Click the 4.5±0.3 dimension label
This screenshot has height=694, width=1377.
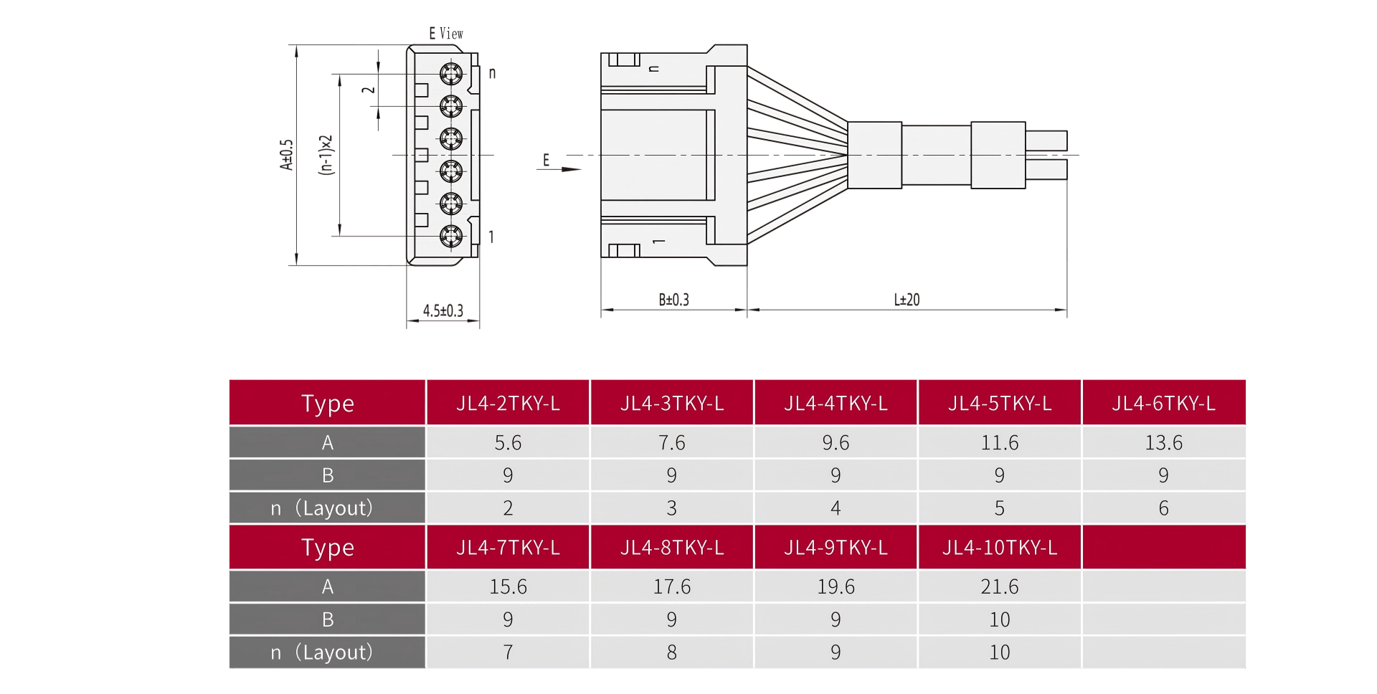click(x=443, y=310)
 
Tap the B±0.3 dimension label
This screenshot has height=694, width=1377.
click(x=673, y=300)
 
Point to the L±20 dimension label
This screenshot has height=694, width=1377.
click(x=907, y=300)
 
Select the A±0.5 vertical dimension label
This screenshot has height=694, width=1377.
click(x=287, y=155)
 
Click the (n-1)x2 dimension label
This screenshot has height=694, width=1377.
click(x=326, y=155)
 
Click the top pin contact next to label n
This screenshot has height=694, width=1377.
click(x=451, y=73)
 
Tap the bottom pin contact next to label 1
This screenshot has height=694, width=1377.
click(x=451, y=235)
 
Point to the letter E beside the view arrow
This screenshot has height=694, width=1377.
click(x=546, y=161)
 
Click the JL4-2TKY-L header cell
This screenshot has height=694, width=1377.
click(x=508, y=404)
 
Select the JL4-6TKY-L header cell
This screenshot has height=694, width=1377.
click(x=1163, y=404)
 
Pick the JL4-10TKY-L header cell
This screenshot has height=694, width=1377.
click(x=999, y=548)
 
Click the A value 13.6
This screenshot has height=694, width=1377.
click(x=1163, y=443)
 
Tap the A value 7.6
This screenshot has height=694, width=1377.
click(x=671, y=443)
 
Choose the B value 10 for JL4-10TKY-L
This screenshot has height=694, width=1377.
click(x=999, y=619)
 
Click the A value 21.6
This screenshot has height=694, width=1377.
click(x=999, y=587)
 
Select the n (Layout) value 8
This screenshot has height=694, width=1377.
click(x=671, y=652)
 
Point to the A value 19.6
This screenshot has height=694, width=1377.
click(x=836, y=587)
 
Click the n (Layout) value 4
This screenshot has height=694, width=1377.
click(x=836, y=508)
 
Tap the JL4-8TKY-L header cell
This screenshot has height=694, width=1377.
click(x=671, y=548)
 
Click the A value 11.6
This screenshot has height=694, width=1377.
click(x=999, y=443)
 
